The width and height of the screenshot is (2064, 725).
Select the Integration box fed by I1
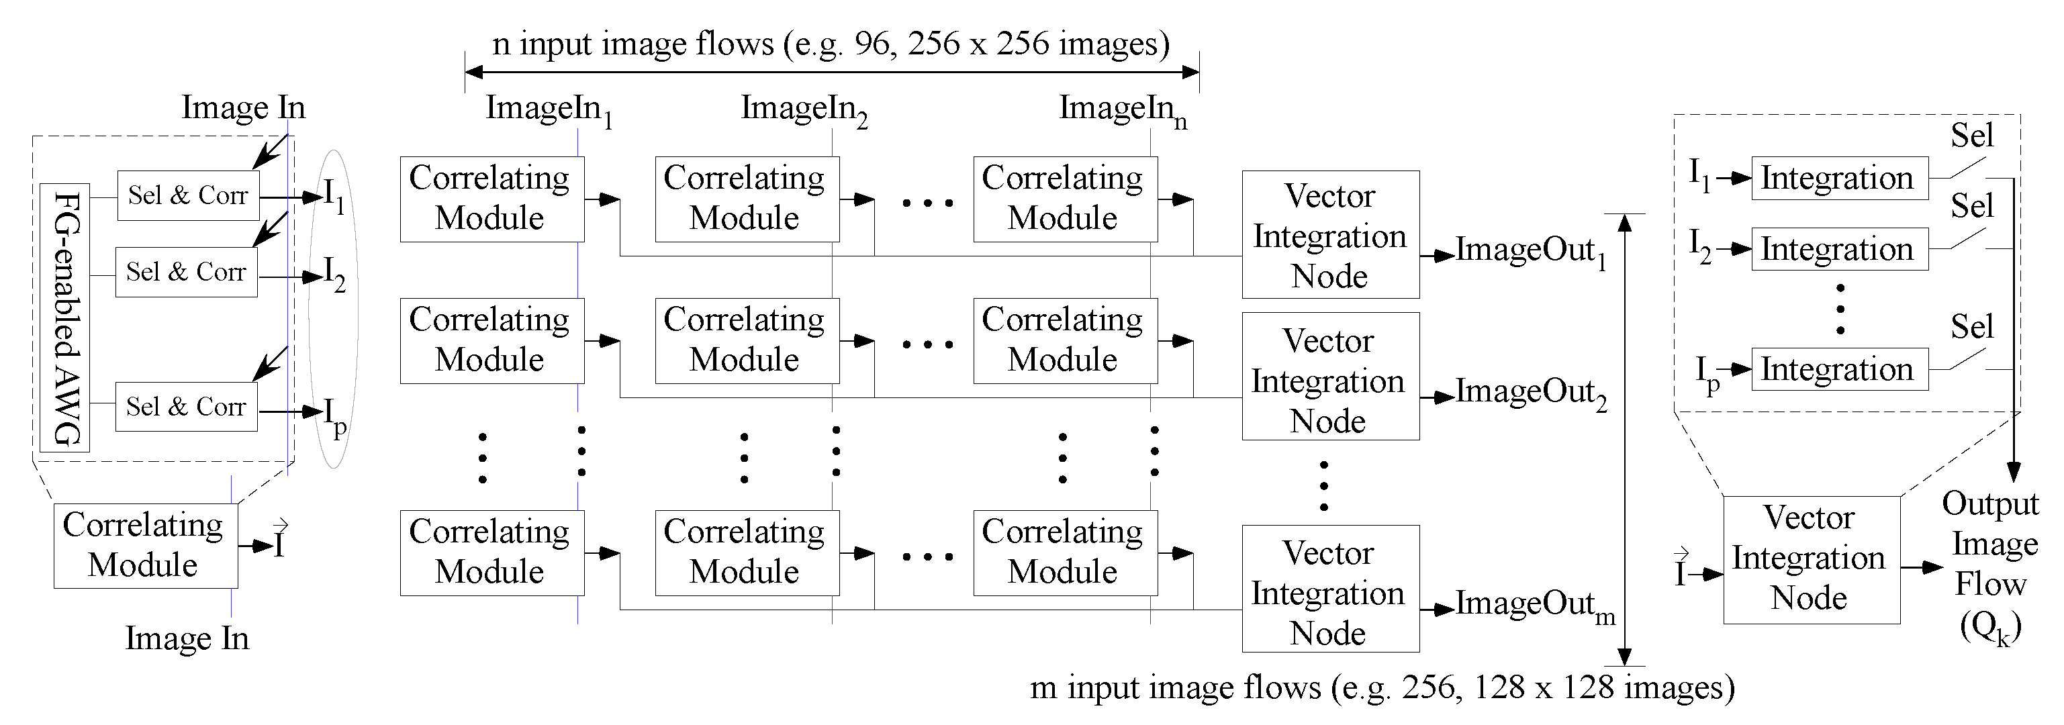1839,178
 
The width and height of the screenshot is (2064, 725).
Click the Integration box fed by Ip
1839,369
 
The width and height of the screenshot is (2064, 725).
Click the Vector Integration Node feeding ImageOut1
1330,235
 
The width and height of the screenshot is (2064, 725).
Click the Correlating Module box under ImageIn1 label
492,199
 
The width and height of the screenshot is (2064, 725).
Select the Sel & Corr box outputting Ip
186,407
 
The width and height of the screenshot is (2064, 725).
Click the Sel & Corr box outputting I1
188,195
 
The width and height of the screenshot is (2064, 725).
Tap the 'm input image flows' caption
1381,687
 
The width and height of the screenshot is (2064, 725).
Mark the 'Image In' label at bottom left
187,638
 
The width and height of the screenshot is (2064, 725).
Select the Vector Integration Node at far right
1811,559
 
